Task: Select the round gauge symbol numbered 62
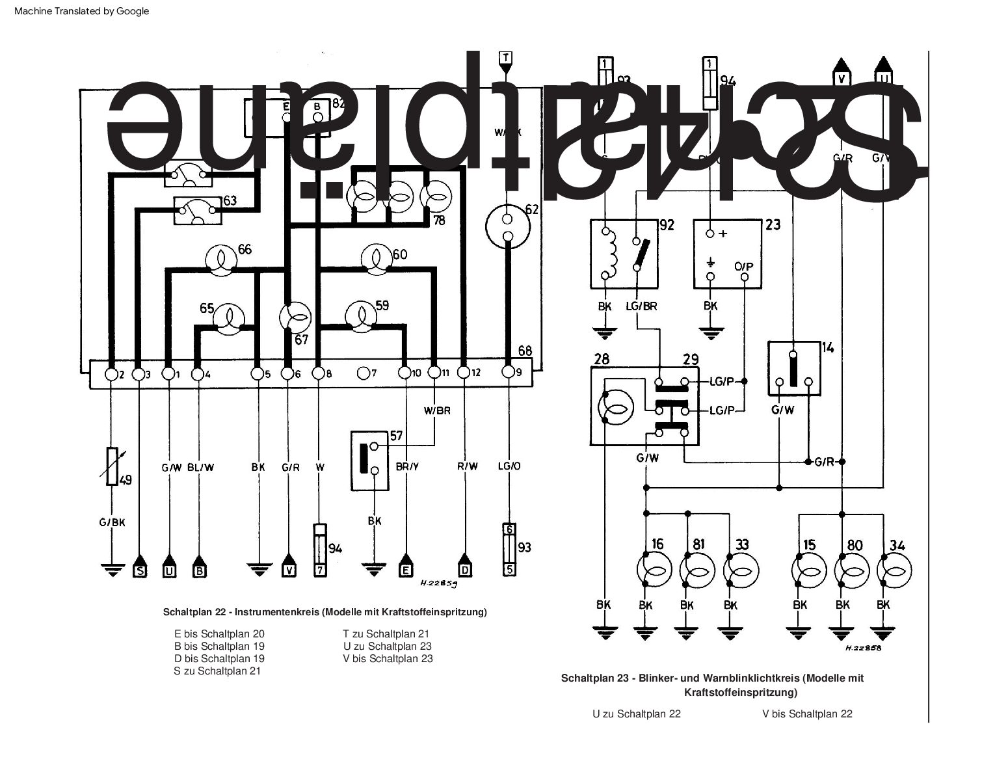[x=508, y=226]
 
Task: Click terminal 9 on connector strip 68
[x=509, y=372]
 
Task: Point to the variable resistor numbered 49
[x=112, y=466]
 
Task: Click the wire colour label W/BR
[x=436, y=410]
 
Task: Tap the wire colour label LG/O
[x=509, y=466]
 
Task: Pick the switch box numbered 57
[x=369, y=460]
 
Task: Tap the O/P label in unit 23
[x=743, y=267]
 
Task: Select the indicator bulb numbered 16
[x=654, y=570]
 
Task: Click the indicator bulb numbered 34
[x=894, y=570]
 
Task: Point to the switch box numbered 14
[x=793, y=368]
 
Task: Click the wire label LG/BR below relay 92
[x=641, y=306]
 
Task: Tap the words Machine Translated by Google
[x=81, y=11]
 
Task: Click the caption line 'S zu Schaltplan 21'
[x=217, y=671]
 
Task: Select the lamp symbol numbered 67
[x=295, y=317]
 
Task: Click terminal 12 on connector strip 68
[x=464, y=372]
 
